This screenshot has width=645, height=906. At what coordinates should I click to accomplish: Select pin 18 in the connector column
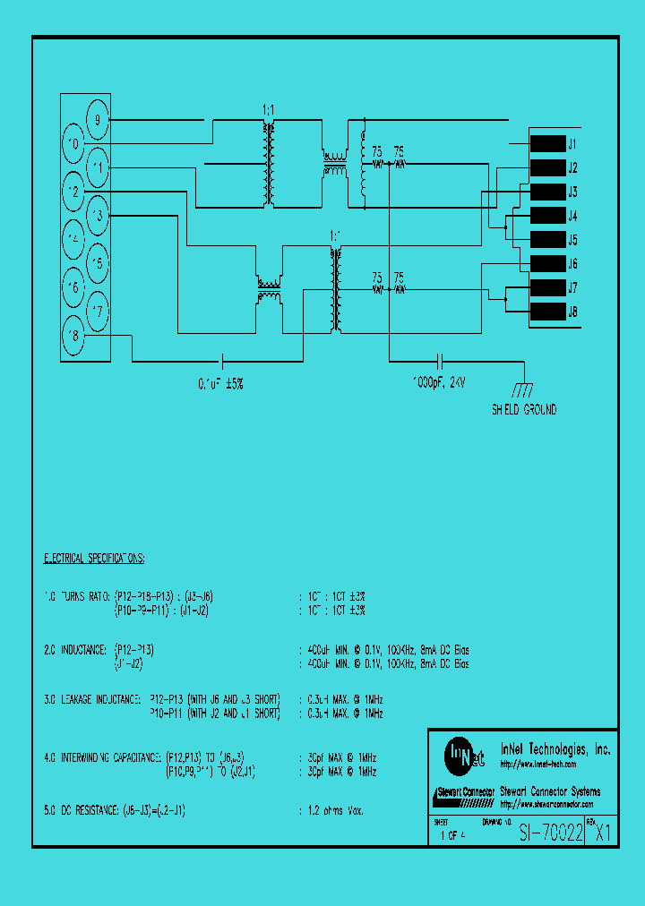[73, 337]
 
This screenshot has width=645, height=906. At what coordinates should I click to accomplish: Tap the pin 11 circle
[98, 167]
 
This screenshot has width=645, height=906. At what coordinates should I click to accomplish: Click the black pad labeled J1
[546, 143]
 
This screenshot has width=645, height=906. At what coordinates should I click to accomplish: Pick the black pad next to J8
[546, 312]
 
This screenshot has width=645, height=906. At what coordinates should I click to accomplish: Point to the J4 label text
[572, 216]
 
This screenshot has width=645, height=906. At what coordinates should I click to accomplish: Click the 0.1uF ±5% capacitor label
[220, 382]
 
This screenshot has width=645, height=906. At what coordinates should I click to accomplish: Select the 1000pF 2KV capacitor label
[439, 382]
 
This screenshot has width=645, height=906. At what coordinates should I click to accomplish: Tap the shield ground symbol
[523, 388]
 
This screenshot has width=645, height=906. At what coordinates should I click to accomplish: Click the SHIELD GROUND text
[524, 410]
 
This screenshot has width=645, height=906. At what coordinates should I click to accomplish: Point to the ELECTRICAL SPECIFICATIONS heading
[94, 558]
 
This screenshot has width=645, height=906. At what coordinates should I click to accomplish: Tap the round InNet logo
[459, 755]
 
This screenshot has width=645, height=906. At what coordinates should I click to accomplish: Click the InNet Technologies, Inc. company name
[555, 749]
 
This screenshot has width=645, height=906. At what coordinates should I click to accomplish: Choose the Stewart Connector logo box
[463, 793]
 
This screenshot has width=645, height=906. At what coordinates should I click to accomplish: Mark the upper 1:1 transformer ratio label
[268, 109]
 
